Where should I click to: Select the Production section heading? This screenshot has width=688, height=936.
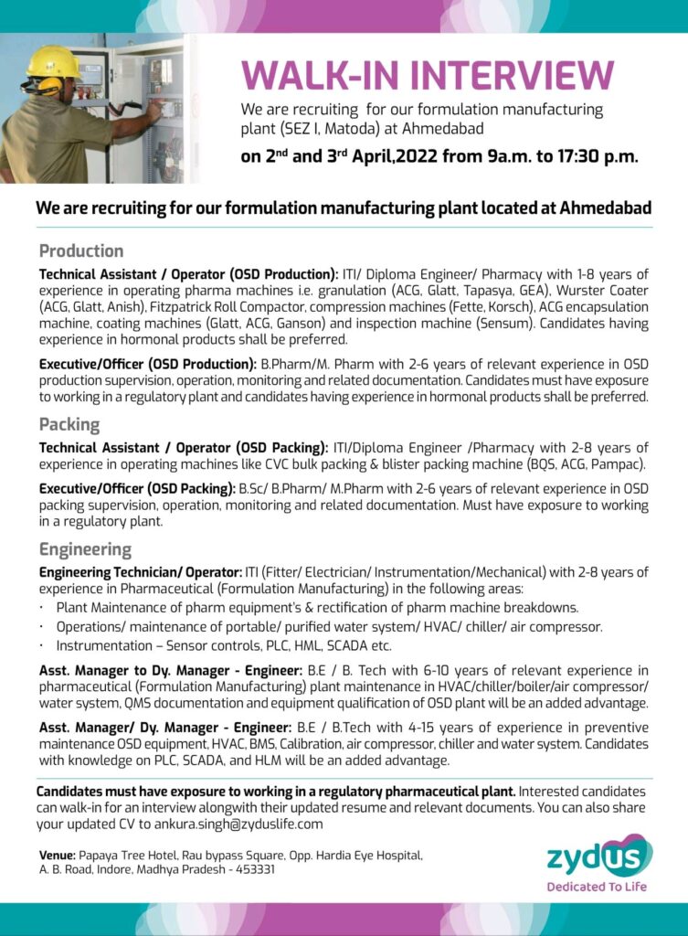81,250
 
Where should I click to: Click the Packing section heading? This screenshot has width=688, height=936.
69,424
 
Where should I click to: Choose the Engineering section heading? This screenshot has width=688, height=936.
85,549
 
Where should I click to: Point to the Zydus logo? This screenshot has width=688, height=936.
598,857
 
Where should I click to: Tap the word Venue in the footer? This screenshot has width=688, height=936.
56,855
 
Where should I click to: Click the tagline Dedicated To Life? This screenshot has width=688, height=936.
598,886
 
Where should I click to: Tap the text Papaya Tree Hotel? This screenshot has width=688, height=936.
138,855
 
